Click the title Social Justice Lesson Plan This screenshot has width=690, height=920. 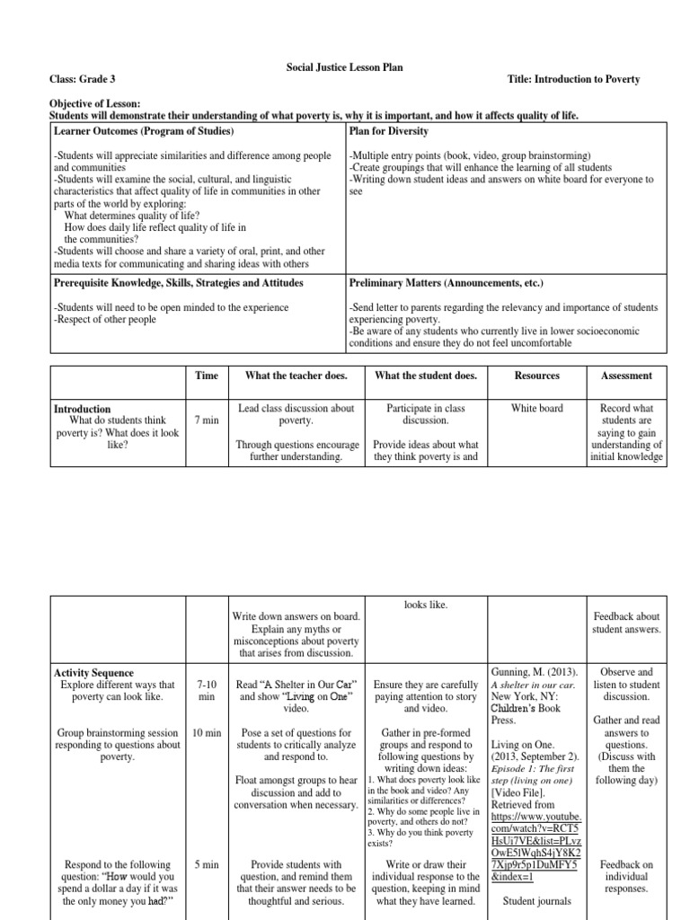[x=344, y=66]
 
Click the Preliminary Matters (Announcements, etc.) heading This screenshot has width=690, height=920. [x=447, y=282]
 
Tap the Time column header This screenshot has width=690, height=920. [x=206, y=376]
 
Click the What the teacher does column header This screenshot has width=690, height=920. [x=296, y=376]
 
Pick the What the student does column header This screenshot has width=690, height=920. [x=426, y=376]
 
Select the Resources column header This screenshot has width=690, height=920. [x=537, y=376]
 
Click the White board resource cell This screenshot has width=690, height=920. [x=537, y=408]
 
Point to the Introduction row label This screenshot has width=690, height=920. [x=83, y=409]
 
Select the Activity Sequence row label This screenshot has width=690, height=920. [x=93, y=673]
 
